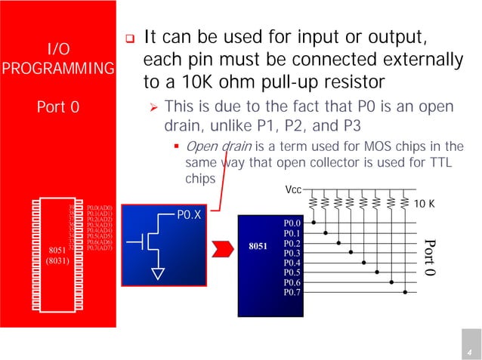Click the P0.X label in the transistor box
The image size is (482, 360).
(x=188, y=216)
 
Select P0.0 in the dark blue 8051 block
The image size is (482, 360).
(x=292, y=223)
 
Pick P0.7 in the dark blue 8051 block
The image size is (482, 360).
(x=292, y=291)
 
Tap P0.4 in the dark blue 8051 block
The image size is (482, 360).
(x=292, y=263)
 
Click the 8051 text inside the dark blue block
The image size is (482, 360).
(x=256, y=246)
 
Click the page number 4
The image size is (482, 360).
(x=468, y=353)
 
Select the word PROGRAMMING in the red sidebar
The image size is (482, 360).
(x=58, y=69)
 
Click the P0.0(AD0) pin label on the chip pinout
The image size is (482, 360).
(x=99, y=207)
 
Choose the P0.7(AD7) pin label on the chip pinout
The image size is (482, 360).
(x=99, y=248)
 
